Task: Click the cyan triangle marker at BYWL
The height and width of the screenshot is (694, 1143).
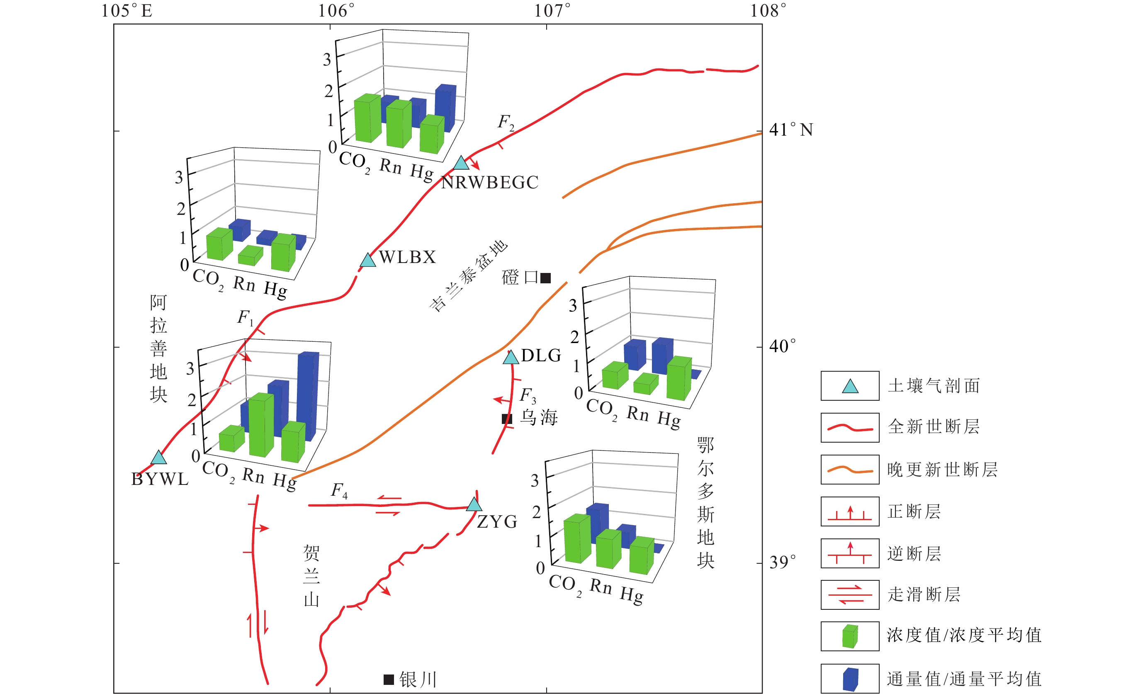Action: coord(159,458)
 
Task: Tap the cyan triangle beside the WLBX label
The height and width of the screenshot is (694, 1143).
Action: coord(368,260)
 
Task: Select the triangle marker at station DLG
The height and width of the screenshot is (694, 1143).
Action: coord(511,358)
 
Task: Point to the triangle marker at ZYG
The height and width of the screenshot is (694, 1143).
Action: coord(474,505)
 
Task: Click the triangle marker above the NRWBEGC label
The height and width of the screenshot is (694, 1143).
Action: coord(461,163)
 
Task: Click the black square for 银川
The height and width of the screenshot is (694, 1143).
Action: coord(389,679)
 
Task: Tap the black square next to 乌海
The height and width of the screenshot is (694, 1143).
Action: coord(507,419)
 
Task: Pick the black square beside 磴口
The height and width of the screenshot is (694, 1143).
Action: coord(545,278)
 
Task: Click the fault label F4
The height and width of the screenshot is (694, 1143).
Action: coord(339,490)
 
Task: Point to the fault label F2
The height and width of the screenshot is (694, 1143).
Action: coord(506,122)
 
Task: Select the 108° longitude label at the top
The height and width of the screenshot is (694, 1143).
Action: coord(768,11)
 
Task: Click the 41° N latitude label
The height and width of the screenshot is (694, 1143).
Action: coord(791,130)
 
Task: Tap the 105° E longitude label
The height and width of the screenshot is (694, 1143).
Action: coord(126,11)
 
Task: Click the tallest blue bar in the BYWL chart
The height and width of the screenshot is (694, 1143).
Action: coord(308,394)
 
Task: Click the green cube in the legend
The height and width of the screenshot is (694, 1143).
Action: coord(850,636)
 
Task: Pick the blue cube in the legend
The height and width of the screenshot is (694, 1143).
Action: coord(850,679)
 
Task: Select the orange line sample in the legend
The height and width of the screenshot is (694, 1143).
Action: coord(850,470)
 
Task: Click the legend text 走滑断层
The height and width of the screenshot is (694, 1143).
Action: coord(924,594)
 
